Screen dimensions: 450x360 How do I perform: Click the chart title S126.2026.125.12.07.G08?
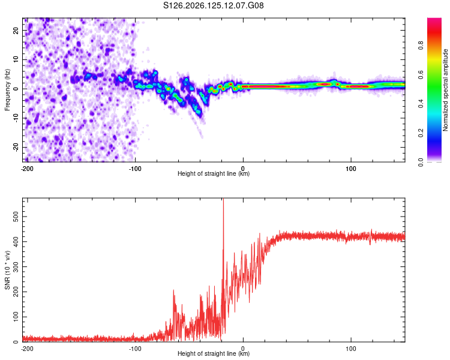(x=213, y=5)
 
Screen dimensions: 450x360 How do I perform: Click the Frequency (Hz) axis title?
(x=7, y=89)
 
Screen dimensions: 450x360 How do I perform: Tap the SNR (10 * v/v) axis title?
(x=7, y=270)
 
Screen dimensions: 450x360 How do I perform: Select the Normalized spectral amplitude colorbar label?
(x=445, y=90)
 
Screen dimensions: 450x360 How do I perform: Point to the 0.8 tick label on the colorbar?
(x=421, y=46)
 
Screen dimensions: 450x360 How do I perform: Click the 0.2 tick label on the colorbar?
(x=421, y=133)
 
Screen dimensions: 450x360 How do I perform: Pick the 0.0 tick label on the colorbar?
(x=421, y=162)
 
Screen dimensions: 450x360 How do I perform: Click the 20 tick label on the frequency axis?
(x=16, y=31)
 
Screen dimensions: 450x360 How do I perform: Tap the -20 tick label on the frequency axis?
(x=16, y=148)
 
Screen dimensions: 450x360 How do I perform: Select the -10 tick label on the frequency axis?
(x=16, y=118)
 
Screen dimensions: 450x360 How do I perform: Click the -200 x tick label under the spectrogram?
(x=27, y=169)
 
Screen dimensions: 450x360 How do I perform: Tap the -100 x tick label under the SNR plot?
(x=135, y=349)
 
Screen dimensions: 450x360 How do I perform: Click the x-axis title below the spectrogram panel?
(x=214, y=173)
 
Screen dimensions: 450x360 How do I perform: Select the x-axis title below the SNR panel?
(x=214, y=353)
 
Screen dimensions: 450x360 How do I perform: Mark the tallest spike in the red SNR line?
(x=223, y=199)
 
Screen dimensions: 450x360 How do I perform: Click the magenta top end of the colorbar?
(x=434, y=19)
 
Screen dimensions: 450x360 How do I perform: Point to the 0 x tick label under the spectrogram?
(x=243, y=169)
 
